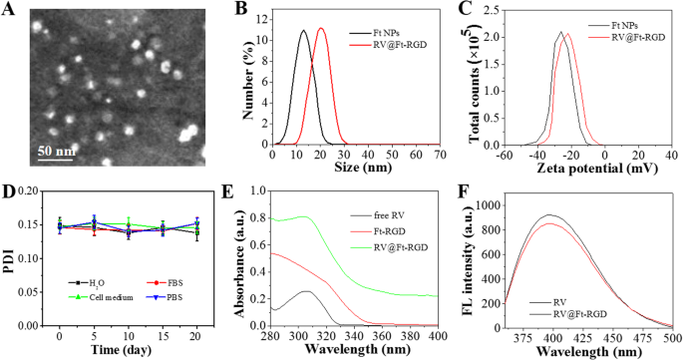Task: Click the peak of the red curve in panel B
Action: click(x=320, y=28)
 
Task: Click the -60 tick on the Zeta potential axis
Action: click(x=506, y=156)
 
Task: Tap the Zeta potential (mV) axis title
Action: click(x=588, y=171)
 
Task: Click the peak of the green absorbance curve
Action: click(x=304, y=216)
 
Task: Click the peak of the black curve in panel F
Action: click(x=547, y=214)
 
